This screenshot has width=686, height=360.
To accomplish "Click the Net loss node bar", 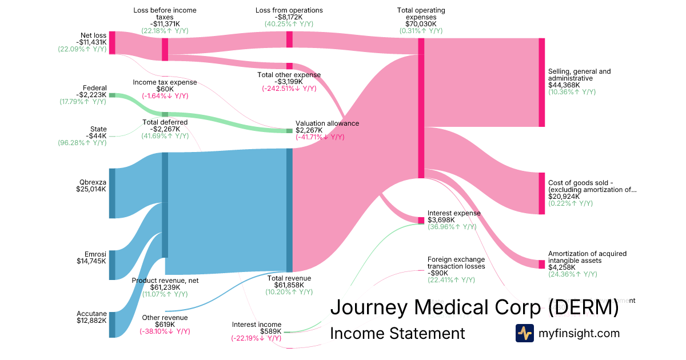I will coord(113,43).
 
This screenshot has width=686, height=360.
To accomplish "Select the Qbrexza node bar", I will coord(112,193).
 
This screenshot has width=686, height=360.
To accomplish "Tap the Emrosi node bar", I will coord(112,265).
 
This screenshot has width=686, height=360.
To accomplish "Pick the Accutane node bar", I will coord(112,324).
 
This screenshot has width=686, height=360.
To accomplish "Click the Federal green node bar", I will coord(112,95).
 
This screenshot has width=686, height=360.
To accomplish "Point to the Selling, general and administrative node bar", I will coord(541,82).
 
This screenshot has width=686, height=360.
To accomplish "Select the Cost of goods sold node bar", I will coord(541,193).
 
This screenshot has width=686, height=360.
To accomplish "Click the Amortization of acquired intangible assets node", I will coord(541,264).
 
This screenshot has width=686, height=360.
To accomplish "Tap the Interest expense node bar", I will coord(421,221).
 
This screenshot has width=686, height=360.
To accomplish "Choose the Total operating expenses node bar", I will coord(421,108).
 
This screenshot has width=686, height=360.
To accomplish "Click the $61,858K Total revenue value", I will coord(290,285).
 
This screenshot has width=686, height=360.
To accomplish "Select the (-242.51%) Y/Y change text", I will coord(289,89).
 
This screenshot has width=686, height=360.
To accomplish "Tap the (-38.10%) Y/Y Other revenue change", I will coord(165,331).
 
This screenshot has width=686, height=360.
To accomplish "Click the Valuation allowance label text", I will coord(327,123).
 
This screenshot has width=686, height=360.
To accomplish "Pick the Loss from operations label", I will coord(289,10).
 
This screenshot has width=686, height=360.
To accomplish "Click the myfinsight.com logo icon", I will coord(524,333).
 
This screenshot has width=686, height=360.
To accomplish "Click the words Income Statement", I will coord(397,333).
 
